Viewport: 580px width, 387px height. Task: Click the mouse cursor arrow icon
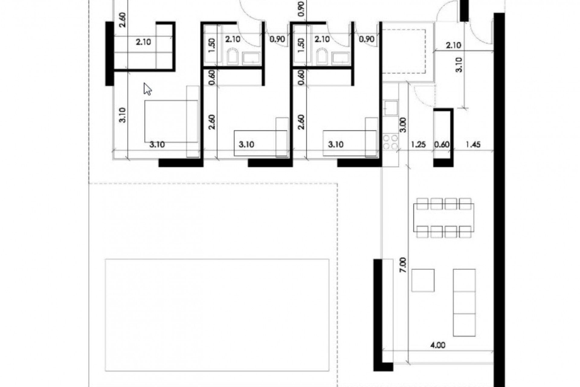[147, 89]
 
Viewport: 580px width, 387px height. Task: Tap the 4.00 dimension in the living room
[437, 345]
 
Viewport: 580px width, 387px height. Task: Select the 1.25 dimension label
[418, 145]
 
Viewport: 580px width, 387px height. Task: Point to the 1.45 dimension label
[473, 145]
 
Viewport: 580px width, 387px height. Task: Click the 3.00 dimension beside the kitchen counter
[403, 125]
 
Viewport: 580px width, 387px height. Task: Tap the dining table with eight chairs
[443, 218]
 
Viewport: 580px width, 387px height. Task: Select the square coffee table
[423, 280]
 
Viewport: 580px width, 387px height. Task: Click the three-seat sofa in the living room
[464, 302]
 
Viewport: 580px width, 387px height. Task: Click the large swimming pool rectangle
[217, 314]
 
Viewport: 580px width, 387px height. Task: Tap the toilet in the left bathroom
[232, 57]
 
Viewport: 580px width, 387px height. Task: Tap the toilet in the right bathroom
[322, 57]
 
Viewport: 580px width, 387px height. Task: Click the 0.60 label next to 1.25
[442, 145]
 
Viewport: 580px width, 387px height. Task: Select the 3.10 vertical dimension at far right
[459, 65]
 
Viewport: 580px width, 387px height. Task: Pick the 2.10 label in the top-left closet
[143, 42]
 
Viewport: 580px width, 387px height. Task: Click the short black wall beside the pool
[377, 314]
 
